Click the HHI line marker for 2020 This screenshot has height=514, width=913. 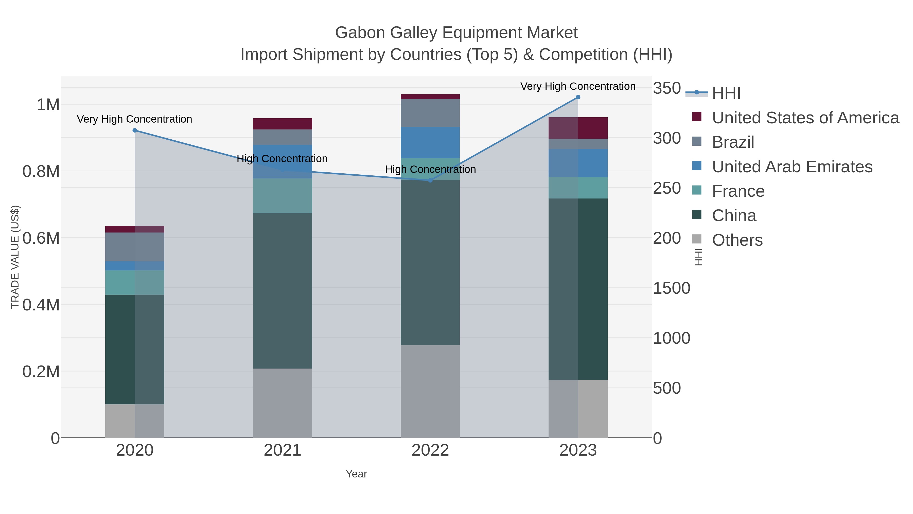tap(135, 130)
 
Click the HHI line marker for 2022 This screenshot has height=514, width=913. tap(430, 180)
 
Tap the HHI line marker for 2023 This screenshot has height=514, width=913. tap(578, 97)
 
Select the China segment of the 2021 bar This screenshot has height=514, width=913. tap(283, 291)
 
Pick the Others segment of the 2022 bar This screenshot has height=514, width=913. tap(430, 391)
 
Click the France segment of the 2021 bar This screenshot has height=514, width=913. tap(283, 196)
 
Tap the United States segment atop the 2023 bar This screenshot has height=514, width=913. tap(578, 128)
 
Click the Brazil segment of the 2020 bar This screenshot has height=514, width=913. tap(135, 247)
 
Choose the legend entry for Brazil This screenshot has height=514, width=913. tap(733, 142)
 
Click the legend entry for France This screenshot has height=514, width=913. tap(738, 191)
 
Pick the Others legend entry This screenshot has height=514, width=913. tap(737, 240)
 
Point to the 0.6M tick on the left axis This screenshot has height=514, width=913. tap(41, 238)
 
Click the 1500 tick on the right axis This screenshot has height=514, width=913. tap(671, 288)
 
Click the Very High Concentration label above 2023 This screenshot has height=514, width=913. tap(578, 87)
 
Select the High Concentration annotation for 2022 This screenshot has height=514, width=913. tap(430, 170)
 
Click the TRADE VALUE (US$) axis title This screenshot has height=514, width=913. tap(15, 257)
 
